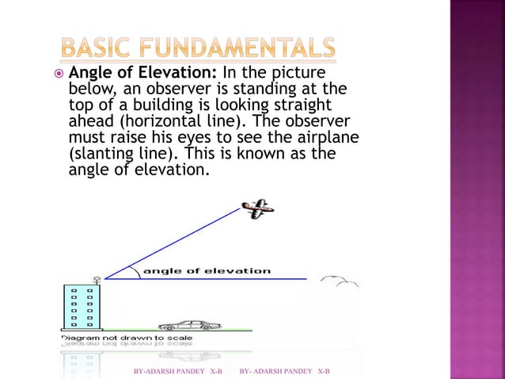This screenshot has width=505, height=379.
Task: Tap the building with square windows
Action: click(x=82, y=306)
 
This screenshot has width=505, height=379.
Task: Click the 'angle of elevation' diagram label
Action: click(x=207, y=271)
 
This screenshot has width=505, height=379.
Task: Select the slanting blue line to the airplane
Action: click(x=174, y=243)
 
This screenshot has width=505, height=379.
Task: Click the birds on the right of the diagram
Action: click(x=340, y=281)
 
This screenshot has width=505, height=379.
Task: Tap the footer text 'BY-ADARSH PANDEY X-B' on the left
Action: click(x=178, y=371)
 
